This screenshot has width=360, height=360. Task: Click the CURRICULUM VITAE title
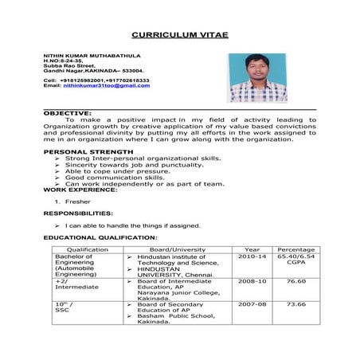[x=179, y=36]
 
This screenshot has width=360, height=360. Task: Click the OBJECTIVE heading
[x=67, y=114]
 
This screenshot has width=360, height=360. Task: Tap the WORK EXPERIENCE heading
[x=80, y=190]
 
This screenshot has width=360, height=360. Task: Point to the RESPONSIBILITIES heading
[x=78, y=214]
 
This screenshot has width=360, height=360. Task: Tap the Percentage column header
[x=296, y=249]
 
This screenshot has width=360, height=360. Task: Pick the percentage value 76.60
[x=296, y=281]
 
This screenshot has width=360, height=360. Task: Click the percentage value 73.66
[x=296, y=304]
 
